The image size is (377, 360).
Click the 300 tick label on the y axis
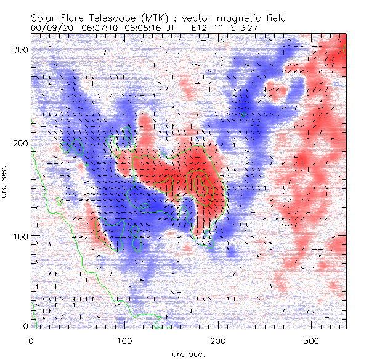pos(20,49)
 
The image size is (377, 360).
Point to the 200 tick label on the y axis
pos(20,142)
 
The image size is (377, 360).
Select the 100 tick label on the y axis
pos(20,236)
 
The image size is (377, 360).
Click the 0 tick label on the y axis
pos(25,326)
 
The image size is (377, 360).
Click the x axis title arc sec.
pos(188,353)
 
